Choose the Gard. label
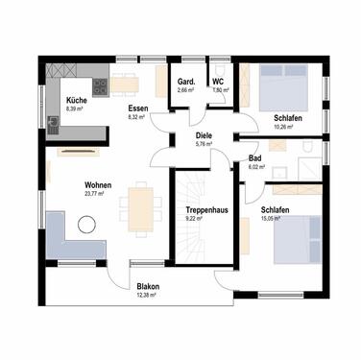point(186,82)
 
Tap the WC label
point(218,82)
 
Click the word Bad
point(255,158)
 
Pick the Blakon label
point(148,287)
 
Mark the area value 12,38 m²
point(148,296)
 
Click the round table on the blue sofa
point(87,227)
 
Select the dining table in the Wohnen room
point(139,204)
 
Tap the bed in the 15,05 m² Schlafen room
point(298,238)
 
